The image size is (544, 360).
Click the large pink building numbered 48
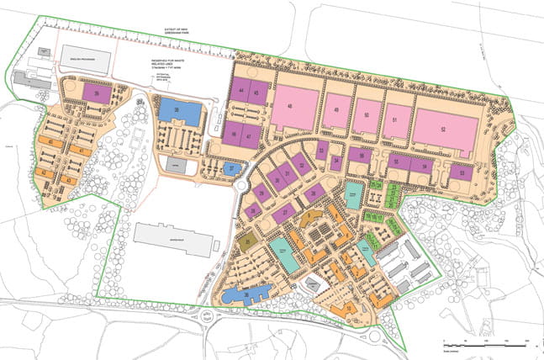[x=293, y=109]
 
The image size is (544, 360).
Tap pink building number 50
[x=366, y=115]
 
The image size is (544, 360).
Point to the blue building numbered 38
[x=181, y=111]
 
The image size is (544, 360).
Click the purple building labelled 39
[x=101, y=95]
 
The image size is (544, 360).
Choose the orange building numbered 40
[x=55, y=143]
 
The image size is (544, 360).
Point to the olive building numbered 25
[x=247, y=242]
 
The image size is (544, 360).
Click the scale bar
[x=484, y=345]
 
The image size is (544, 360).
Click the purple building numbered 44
[x=243, y=91]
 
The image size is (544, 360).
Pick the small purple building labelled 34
[x=335, y=162]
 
